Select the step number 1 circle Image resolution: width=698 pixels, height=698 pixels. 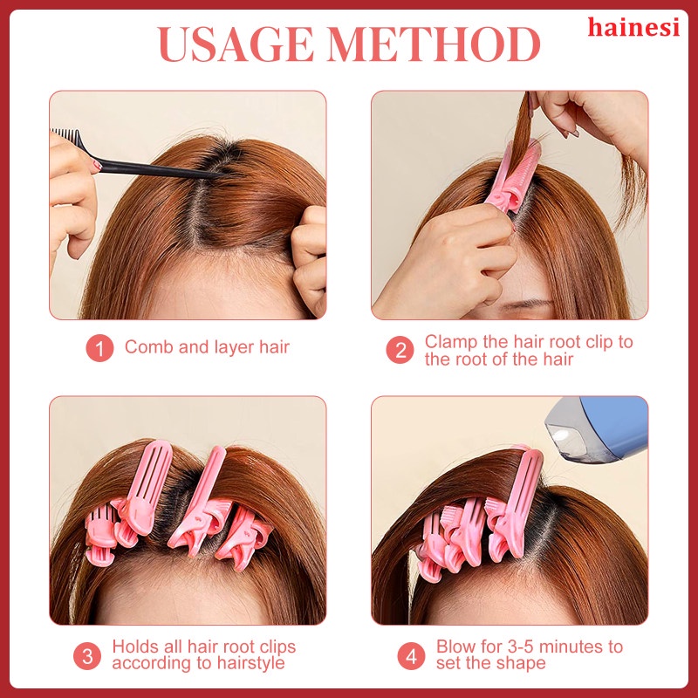click(x=99, y=348)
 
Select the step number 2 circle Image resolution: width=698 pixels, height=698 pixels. click(x=400, y=349)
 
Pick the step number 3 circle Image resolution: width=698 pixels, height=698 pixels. click(x=87, y=654)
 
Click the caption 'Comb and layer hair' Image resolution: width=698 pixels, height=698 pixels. click(x=207, y=347)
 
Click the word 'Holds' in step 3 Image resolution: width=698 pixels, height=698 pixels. click(x=135, y=647)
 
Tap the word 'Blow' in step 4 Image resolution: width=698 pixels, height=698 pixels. click(x=456, y=647)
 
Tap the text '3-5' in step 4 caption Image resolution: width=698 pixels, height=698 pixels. click(x=519, y=647)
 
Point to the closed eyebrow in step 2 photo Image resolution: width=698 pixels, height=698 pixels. click(x=523, y=305)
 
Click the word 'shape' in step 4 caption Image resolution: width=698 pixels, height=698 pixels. click(x=521, y=663)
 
